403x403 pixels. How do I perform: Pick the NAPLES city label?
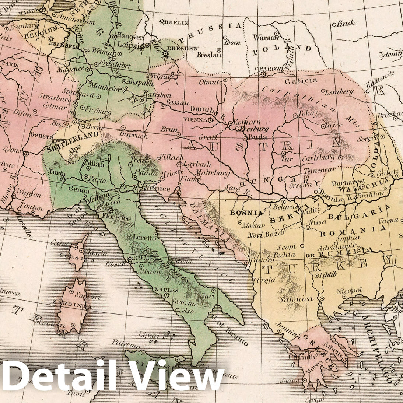tap(164, 290)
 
